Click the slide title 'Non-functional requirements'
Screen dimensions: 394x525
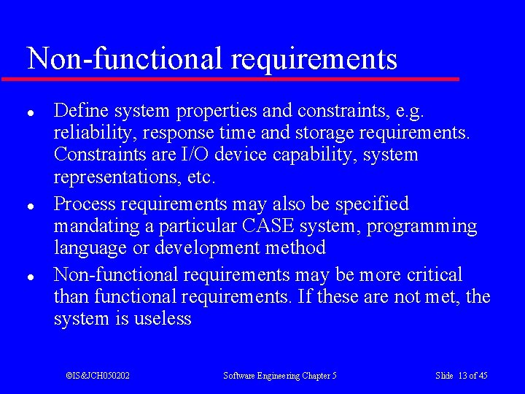[211, 58]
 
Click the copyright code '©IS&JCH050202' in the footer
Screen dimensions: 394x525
[98, 376]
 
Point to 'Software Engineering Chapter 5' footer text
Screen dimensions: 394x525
[279, 376]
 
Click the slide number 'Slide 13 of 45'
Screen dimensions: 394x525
[461, 376]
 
